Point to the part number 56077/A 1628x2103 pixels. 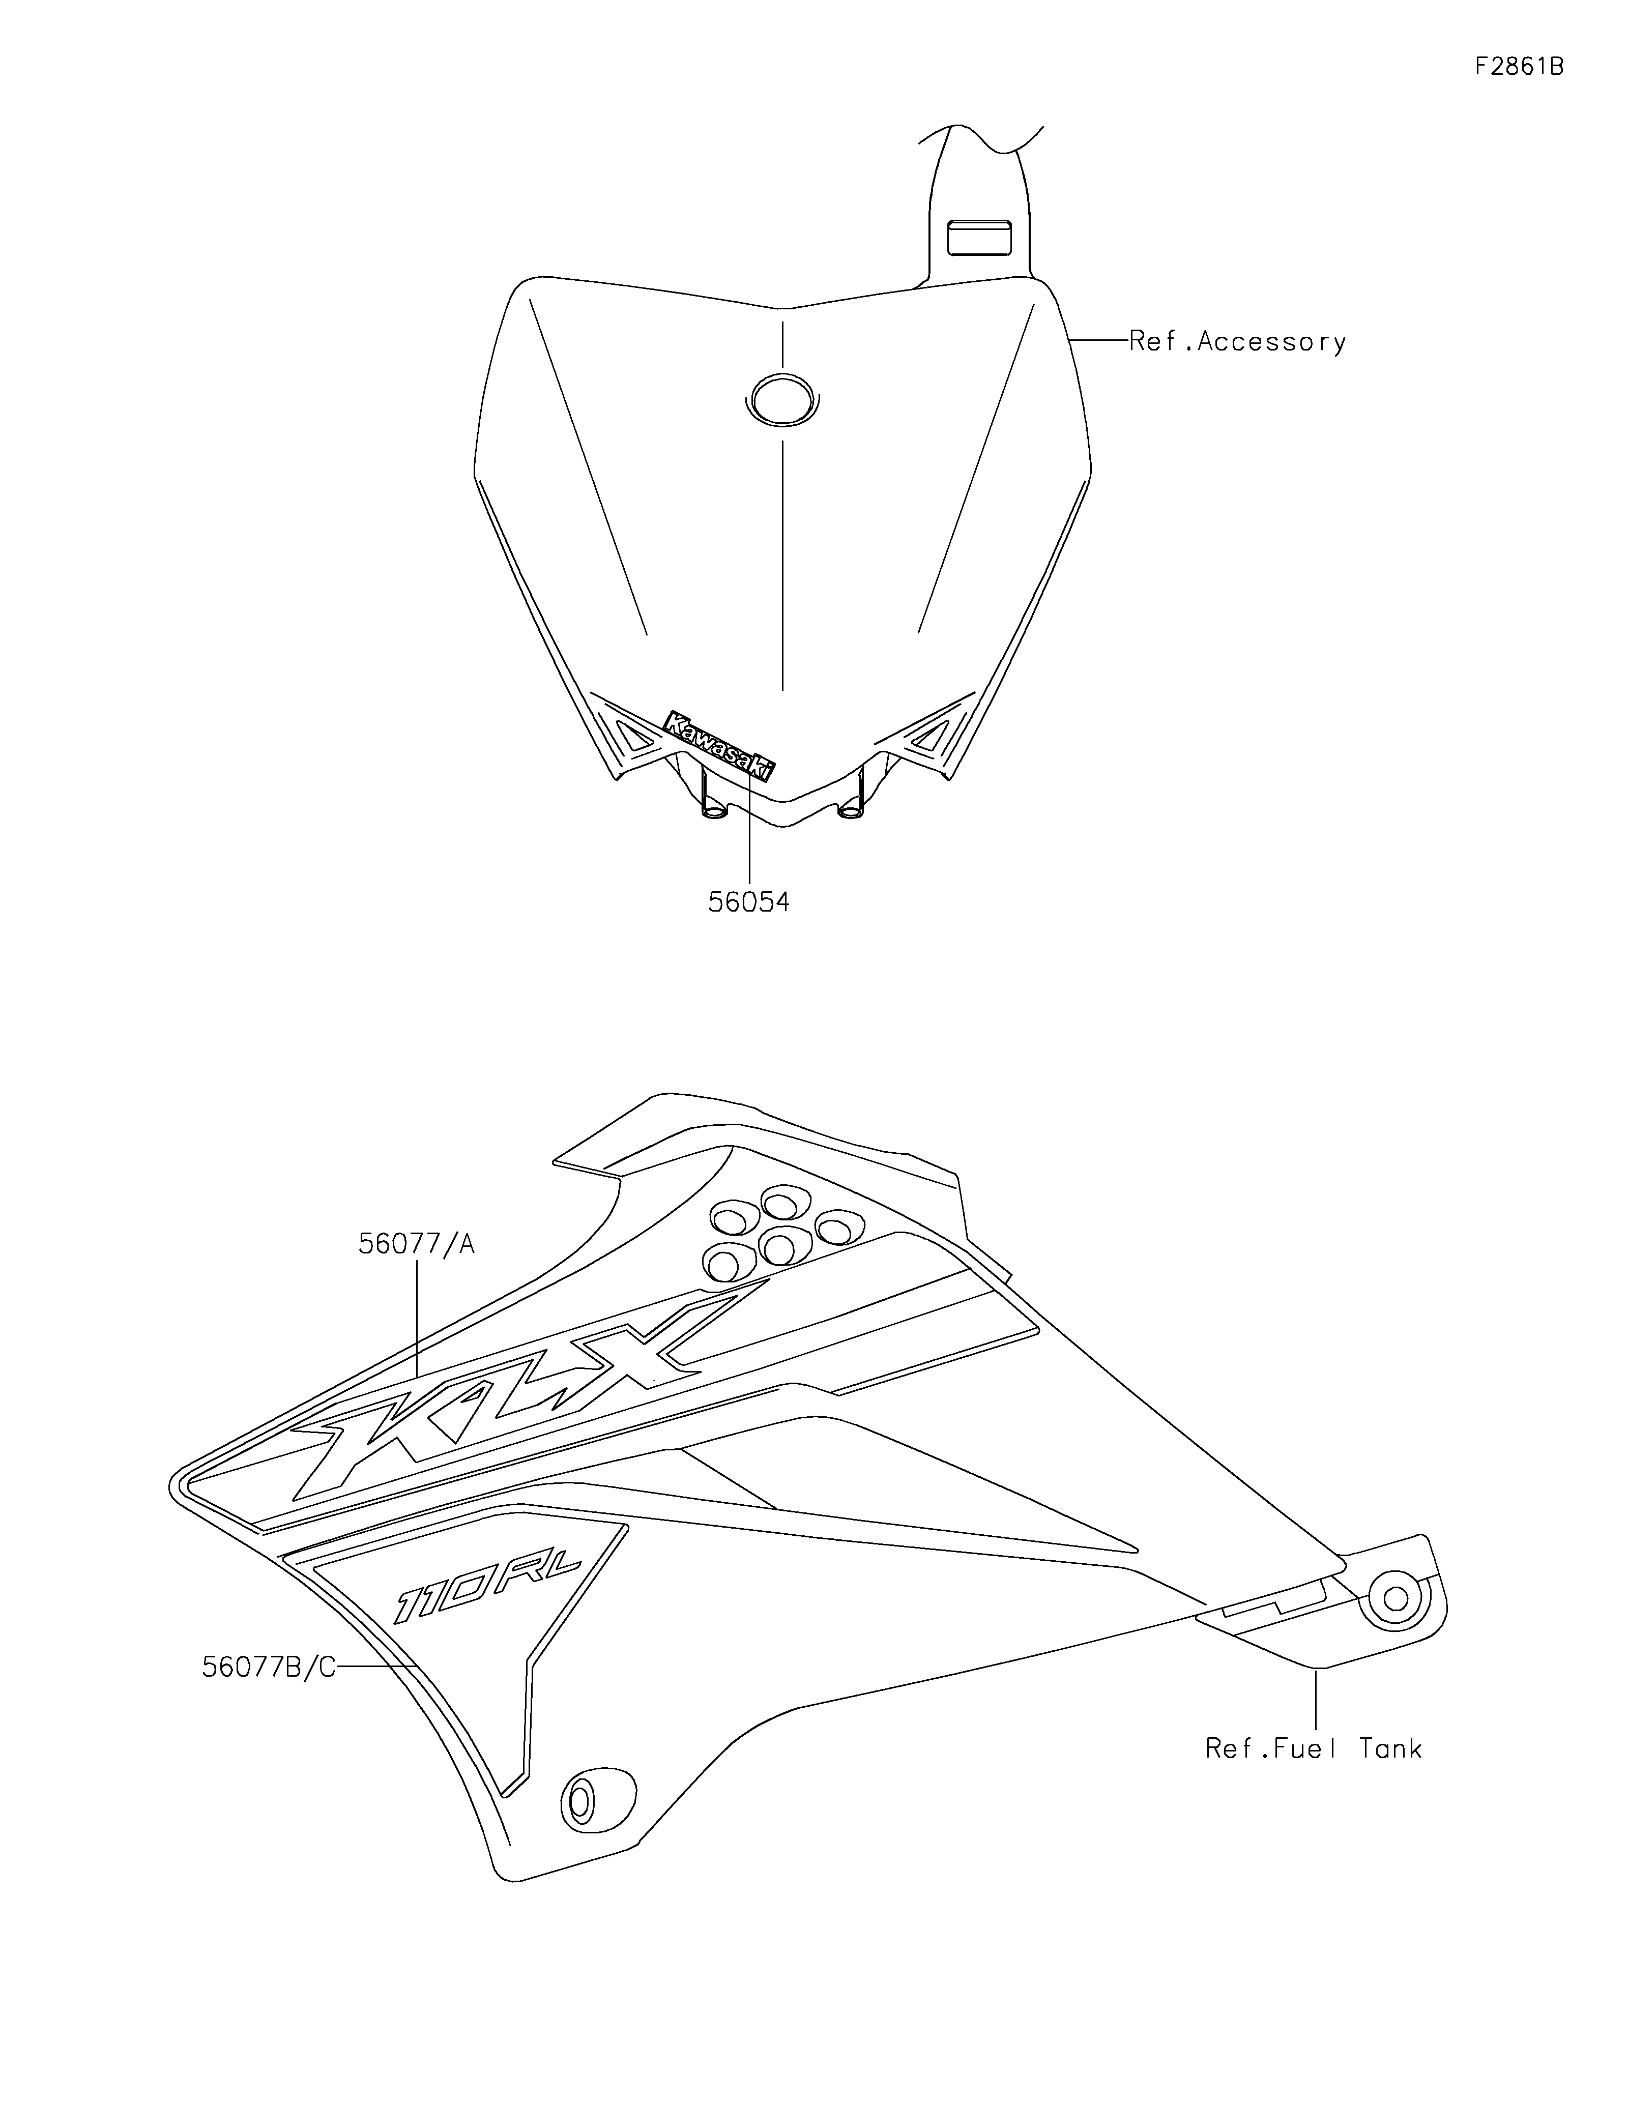[x=416, y=1244]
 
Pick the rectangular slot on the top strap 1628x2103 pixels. [x=979, y=237]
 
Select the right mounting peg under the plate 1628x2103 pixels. [x=851, y=807]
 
